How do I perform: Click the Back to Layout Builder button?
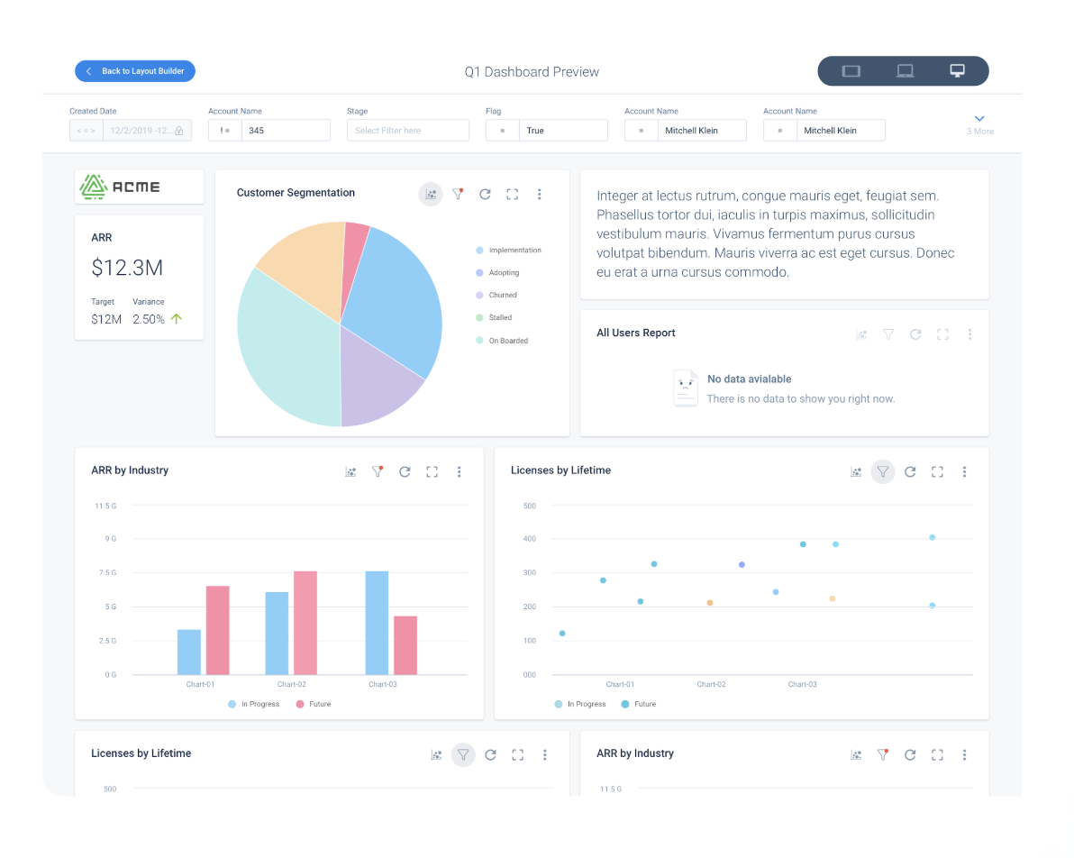tap(135, 71)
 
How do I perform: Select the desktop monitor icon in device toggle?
tap(957, 71)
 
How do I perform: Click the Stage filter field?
tap(407, 131)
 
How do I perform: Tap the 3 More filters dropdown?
tap(979, 124)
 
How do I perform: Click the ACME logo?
tap(139, 187)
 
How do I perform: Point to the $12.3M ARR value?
tap(127, 268)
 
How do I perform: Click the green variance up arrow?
tap(177, 319)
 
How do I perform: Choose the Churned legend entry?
tap(502, 296)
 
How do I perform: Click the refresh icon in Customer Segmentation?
tap(485, 194)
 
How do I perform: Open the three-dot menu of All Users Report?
tap(969, 334)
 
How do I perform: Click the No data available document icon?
tap(686, 388)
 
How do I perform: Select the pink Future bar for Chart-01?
tap(217, 630)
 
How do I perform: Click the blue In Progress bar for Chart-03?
tap(377, 623)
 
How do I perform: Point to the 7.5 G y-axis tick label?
tap(106, 573)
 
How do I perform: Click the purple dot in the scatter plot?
tap(742, 564)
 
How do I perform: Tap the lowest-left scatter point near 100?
tap(562, 634)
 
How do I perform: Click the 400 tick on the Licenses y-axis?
tap(529, 539)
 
